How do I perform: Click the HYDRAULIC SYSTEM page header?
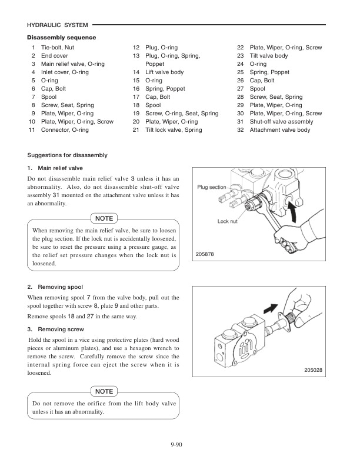pos(58,25)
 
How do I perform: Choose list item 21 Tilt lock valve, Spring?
pos(173,129)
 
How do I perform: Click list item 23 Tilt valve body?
pos(269,55)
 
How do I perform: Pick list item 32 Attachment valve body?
pos(280,129)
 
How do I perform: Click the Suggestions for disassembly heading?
pos(67,155)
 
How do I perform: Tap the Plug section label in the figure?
pos(211,187)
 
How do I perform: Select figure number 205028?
pos(315,370)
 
